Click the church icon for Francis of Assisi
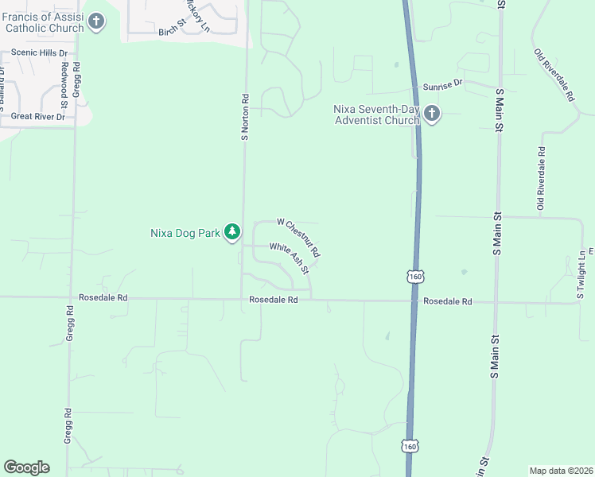(96, 21)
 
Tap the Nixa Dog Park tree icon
(232, 232)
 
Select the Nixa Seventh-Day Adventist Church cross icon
(432, 114)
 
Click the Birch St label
(171, 32)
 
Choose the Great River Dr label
(37, 116)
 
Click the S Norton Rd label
(245, 119)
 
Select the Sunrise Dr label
(442, 83)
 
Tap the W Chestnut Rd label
(298, 236)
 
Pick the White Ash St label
(289, 258)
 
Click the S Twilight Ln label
(581, 275)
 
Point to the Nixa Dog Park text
(185, 233)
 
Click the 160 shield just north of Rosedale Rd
(414, 277)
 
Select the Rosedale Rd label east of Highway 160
(448, 302)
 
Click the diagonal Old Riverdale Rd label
(554, 76)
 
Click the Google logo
(26, 467)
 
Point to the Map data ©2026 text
(561, 471)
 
